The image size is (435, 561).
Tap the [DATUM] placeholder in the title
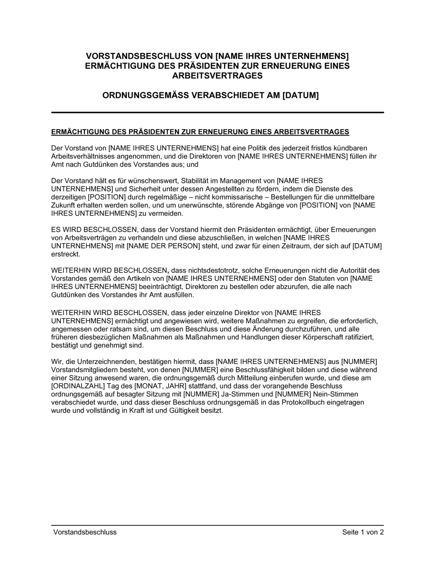tap(301, 95)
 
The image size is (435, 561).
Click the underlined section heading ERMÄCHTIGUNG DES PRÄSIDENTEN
tap(200, 132)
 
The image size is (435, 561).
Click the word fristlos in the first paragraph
tap(317, 148)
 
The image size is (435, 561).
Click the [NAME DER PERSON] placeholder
tap(163, 246)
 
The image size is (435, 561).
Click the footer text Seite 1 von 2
tap(363, 532)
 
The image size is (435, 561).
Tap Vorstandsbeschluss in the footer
tap(85, 532)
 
